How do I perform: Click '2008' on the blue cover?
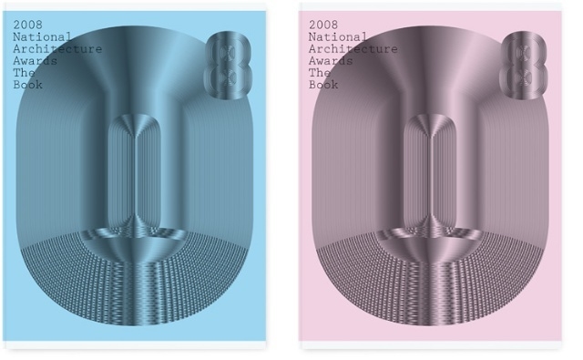point(28,25)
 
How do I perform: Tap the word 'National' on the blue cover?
point(43,36)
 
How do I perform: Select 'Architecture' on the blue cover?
point(57,48)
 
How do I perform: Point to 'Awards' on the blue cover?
point(36,61)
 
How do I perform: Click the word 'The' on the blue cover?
point(25,73)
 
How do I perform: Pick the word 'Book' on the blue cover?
point(28,85)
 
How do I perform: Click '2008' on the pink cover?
point(323,25)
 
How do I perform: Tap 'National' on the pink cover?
point(338,36)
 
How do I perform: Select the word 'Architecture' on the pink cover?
point(353,48)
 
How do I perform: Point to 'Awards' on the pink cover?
point(331,61)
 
